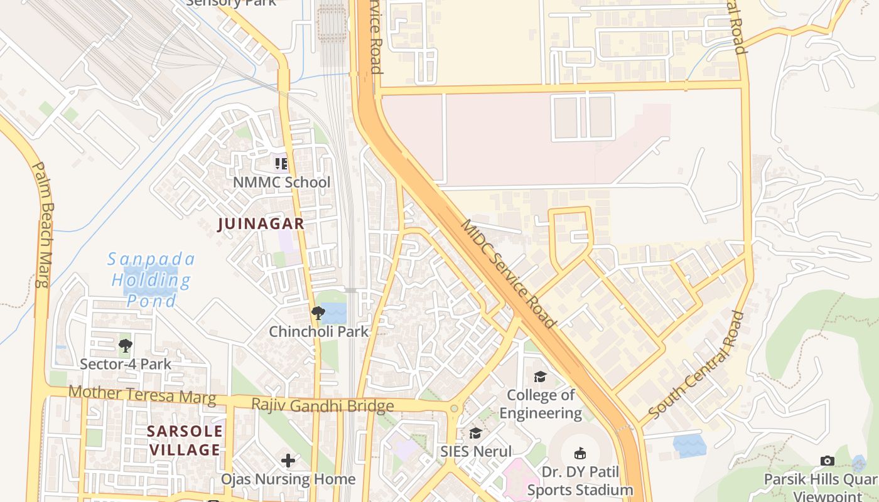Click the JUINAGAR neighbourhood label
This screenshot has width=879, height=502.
coord(261,223)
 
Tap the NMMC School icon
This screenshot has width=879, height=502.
coord(281,164)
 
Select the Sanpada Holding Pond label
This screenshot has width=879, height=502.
coord(152,280)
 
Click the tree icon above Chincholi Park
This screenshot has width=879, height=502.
coord(318,312)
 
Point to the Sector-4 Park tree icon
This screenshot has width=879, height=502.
coord(126,345)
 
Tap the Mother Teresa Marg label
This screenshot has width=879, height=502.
coord(142,395)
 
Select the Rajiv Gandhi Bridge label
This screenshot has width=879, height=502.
coord(323,405)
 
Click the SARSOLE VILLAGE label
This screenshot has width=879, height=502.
coord(185,440)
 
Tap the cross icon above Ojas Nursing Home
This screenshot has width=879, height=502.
coord(288,461)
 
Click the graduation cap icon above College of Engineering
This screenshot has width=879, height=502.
coord(540,376)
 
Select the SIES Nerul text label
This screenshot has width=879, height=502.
coord(476,451)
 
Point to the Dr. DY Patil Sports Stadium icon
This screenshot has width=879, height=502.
coord(580,453)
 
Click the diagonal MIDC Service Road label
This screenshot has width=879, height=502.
coord(509,274)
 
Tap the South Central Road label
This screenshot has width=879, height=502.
coord(696,365)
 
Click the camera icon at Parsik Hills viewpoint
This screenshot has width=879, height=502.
coord(828,461)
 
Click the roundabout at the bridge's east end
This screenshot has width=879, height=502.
coord(455,409)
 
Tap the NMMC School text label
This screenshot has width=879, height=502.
coord(281,182)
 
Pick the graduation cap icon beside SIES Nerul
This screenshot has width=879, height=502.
coord(476,433)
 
